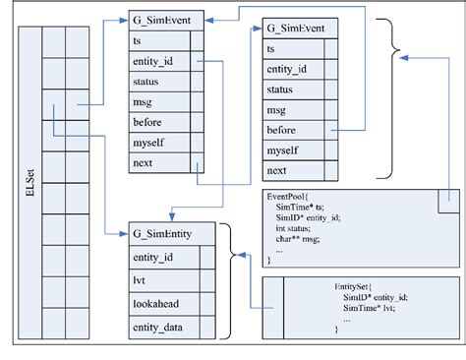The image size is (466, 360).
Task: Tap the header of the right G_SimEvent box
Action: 300,27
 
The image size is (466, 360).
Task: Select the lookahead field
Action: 157,304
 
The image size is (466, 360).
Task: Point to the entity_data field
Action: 160,327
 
